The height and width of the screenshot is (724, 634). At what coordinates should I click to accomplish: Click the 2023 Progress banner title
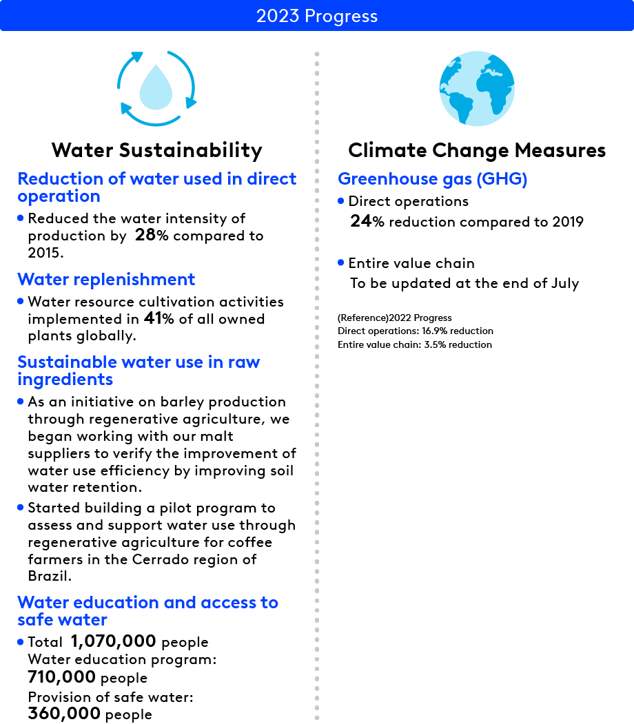tap(317, 16)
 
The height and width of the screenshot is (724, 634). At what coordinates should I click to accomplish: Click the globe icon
tap(477, 88)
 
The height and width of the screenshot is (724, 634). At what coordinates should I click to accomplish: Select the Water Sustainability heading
tap(157, 150)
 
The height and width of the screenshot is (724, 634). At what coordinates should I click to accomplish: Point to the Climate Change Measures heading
tap(477, 150)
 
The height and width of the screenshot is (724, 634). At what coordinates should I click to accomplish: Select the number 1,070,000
tap(113, 642)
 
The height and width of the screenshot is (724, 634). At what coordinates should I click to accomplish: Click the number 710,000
tap(61, 678)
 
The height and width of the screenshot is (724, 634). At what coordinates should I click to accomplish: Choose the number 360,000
tap(64, 714)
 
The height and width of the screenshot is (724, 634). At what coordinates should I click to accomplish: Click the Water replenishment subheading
tap(106, 279)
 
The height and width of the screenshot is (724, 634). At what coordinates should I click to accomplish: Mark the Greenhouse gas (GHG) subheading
tap(432, 179)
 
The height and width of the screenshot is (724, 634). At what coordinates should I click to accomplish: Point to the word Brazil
tap(50, 577)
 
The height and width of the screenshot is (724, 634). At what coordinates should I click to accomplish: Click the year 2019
tap(566, 222)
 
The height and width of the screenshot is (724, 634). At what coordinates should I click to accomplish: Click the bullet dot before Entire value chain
tap(341, 262)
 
